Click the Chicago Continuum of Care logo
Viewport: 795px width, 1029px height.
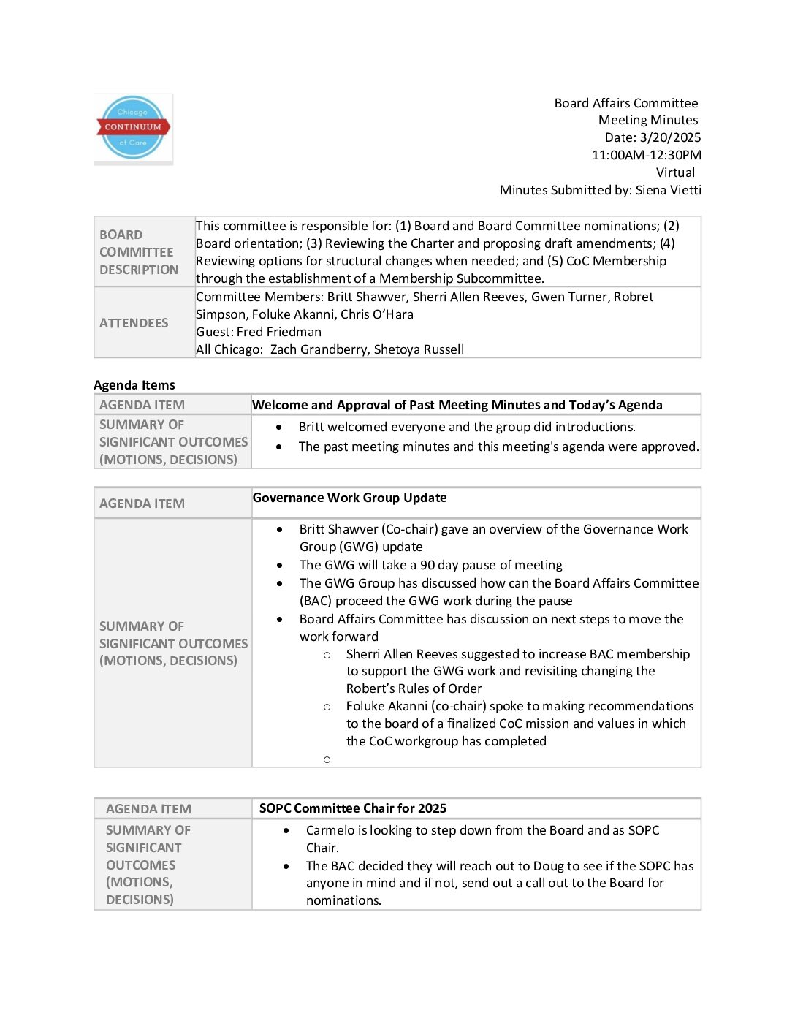(133, 128)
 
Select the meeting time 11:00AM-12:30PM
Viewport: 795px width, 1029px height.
(646, 155)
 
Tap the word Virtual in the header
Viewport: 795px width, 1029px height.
(675, 172)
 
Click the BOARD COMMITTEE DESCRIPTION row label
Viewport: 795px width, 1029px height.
(139, 252)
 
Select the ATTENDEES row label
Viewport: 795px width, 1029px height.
(134, 323)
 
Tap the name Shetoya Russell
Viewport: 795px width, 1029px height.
(419, 349)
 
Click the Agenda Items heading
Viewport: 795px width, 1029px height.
(134, 385)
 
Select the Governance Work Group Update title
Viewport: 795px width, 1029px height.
(349, 498)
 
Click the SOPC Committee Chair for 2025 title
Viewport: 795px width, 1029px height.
(353, 808)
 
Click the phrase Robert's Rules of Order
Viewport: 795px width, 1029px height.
(414, 688)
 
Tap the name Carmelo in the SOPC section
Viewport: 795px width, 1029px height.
(330, 830)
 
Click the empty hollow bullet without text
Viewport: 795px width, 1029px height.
(327, 759)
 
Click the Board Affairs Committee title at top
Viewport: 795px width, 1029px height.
(625, 103)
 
